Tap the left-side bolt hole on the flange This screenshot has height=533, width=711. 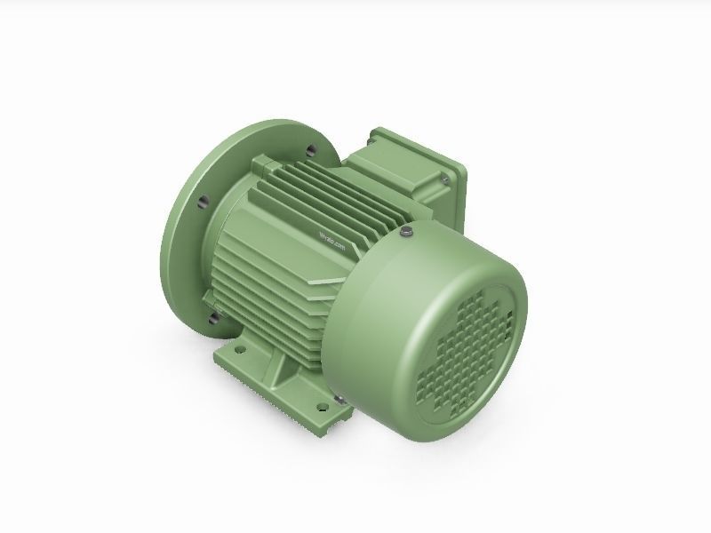tap(203, 203)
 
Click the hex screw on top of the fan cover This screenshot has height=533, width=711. tap(407, 233)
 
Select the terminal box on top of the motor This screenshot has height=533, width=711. tap(413, 169)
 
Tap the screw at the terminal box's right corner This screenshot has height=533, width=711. tap(443, 180)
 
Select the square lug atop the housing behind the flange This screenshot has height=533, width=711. tap(263, 165)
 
